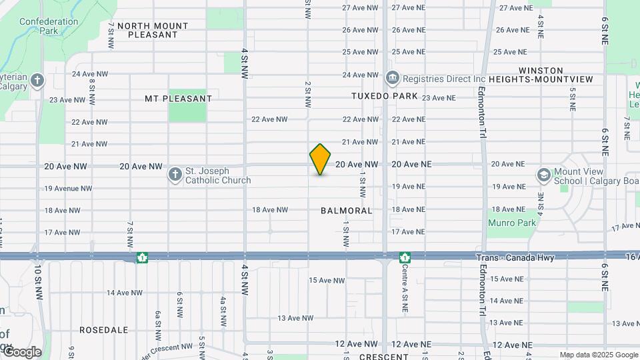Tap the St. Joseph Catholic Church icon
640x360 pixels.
pos(175,174)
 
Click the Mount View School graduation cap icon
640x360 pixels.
pos(543,175)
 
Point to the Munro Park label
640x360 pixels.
pos(512,223)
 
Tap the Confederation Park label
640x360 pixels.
pos(48,26)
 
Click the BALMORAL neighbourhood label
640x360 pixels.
pos(346,210)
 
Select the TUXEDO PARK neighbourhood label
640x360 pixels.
pos(385,96)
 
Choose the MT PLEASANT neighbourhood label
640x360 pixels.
pos(178,99)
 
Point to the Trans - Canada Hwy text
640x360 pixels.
pos(511,258)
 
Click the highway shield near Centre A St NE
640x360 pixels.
pos(405,257)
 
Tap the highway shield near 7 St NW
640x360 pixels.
pos(142,257)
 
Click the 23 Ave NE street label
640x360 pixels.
pos(439,97)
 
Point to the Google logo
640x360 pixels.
pos(22,351)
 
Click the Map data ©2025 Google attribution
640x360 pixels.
pos(598,355)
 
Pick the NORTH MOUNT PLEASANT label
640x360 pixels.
pos(153,30)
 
